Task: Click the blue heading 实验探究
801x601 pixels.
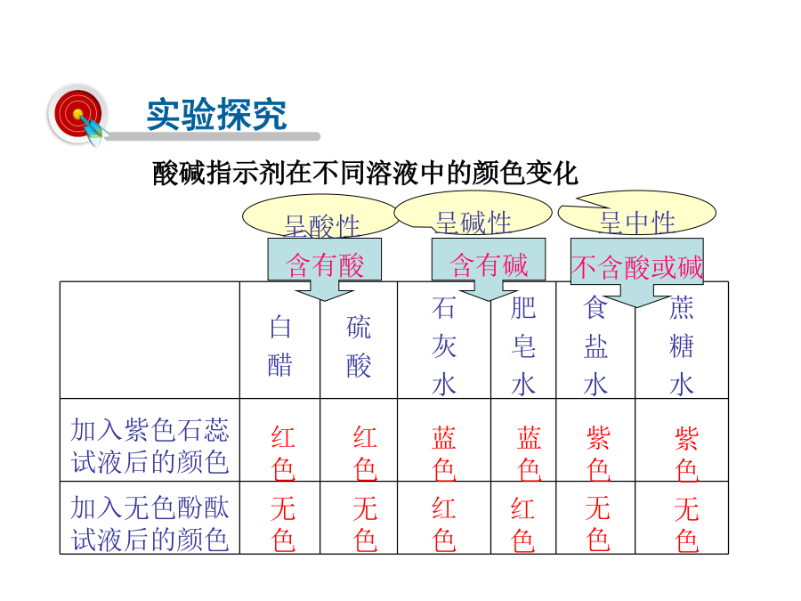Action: click(216, 115)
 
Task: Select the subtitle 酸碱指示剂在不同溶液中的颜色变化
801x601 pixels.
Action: click(365, 174)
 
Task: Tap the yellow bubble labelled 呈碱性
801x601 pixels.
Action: click(473, 213)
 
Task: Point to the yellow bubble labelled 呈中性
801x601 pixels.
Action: click(637, 213)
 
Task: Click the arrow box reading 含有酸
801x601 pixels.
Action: click(324, 268)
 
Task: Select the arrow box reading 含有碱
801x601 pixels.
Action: click(489, 268)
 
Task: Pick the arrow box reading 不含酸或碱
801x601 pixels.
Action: click(637, 272)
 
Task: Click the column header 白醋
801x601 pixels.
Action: click(280, 346)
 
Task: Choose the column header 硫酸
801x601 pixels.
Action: click(359, 346)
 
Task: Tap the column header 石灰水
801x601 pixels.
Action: click(443, 346)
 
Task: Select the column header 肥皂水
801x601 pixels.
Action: click(523, 346)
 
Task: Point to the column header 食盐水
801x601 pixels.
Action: click(595, 346)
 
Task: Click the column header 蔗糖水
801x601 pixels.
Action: click(682, 346)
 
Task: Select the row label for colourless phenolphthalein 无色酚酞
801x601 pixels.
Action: click(150, 524)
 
